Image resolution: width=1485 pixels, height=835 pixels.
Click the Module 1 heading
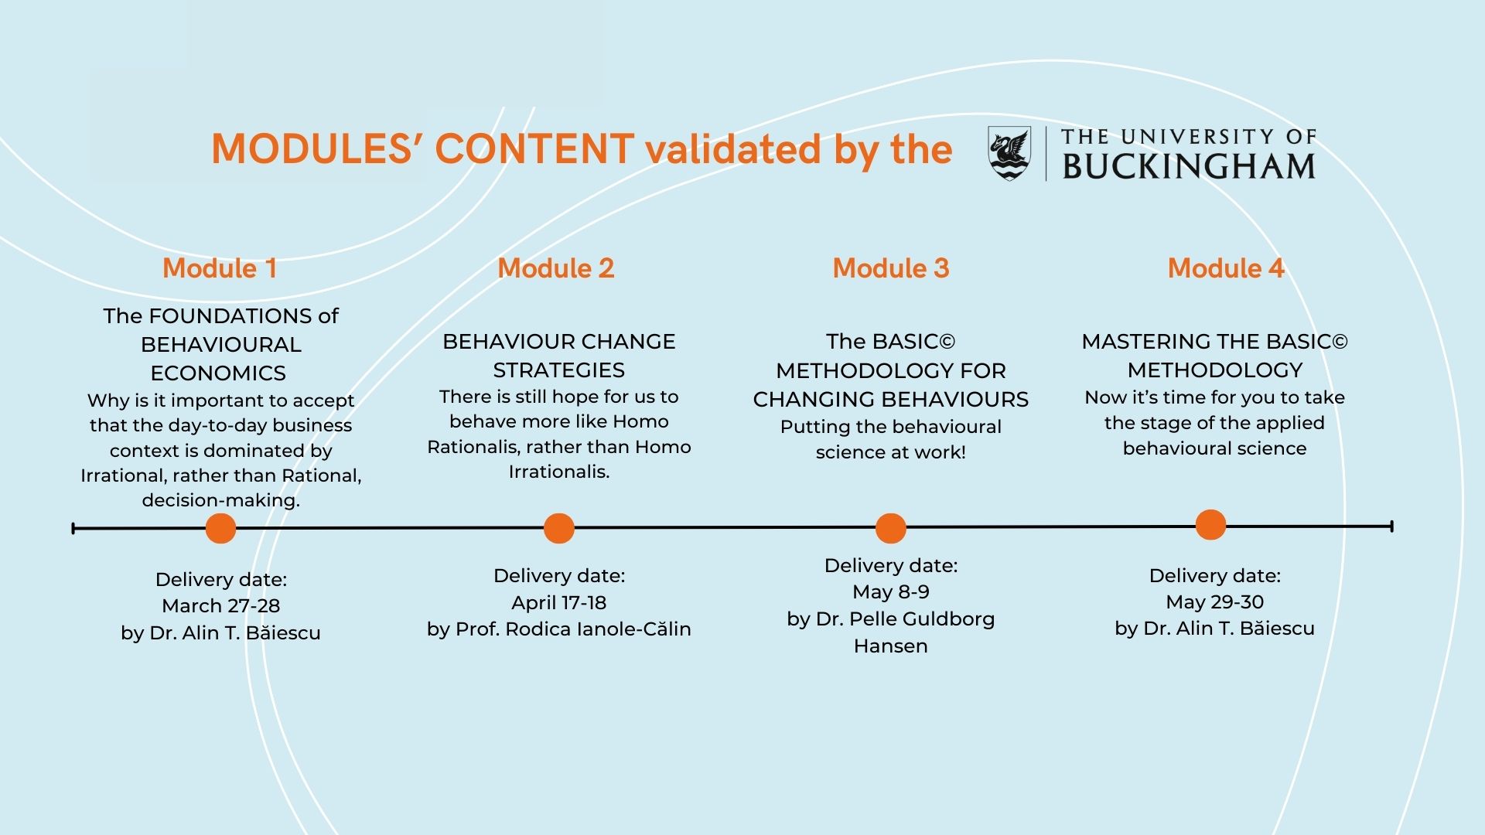[x=220, y=268]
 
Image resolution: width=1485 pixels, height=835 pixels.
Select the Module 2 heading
[x=555, y=268]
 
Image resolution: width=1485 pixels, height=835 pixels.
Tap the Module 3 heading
[x=890, y=268]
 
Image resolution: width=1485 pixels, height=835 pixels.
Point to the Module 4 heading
[x=1226, y=268]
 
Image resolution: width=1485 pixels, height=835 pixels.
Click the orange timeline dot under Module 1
[x=220, y=529]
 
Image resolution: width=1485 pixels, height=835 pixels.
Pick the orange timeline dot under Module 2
[x=558, y=529]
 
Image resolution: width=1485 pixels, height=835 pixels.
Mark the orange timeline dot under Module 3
[x=890, y=529]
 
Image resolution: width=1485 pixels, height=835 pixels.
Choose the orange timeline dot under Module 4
[x=1210, y=525]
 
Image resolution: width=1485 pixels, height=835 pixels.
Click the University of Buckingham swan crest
[x=1009, y=152]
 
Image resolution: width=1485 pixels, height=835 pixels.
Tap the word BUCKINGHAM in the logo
[x=1189, y=166]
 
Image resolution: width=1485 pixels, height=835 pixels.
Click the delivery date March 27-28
[x=220, y=606]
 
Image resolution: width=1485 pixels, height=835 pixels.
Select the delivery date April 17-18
[x=558, y=602]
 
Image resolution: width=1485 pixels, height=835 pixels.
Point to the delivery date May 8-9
[x=890, y=592]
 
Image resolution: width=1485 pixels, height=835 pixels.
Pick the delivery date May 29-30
[x=1214, y=602]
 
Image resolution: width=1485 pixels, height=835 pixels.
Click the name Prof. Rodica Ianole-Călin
[x=573, y=629]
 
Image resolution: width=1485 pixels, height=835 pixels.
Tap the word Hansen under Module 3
[x=890, y=646]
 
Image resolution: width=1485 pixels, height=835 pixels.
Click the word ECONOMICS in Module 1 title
[x=218, y=373]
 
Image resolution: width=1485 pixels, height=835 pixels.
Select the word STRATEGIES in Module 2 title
[x=558, y=370]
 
